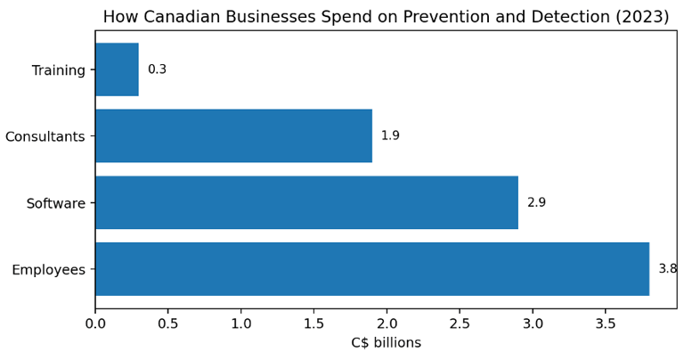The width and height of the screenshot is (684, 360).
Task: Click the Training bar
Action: pyautogui.click(x=117, y=70)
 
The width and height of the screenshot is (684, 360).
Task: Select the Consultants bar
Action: pyautogui.click(x=233, y=135)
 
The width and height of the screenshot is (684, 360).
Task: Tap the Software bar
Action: pyautogui.click(x=306, y=202)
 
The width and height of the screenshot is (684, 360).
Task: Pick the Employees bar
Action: pyautogui.click(x=372, y=269)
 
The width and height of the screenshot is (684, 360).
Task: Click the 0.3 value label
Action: pyautogui.click(x=157, y=70)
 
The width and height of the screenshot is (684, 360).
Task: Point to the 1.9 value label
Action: pyautogui.click(x=390, y=135)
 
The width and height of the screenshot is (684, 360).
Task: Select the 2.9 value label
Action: pyautogui.click(x=536, y=202)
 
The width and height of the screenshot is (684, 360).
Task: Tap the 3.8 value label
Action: pyautogui.click(x=667, y=269)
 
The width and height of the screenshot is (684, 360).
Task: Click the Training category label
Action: pyautogui.click(x=59, y=70)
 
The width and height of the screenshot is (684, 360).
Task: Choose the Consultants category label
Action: pyautogui.click(x=45, y=136)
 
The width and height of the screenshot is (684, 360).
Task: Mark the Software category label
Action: pyautogui.click(x=56, y=203)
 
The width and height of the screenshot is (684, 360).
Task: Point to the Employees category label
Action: pyautogui.click(x=49, y=270)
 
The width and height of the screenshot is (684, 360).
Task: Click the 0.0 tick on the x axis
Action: pyautogui.click(x=95, y=323)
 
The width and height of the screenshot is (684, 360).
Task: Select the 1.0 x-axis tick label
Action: pyautogui.click(x=241, y=323)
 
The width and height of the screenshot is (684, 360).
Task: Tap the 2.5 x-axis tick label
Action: pyautogui.click(x=460, y=323)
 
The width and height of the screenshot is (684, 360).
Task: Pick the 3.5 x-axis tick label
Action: pyautogui.click(x=606, y=323)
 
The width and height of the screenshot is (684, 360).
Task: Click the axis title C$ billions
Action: pyautogui.click(x=386, y=343)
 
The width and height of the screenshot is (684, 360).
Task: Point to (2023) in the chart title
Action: pyautogui.click(x=640, y=17)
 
